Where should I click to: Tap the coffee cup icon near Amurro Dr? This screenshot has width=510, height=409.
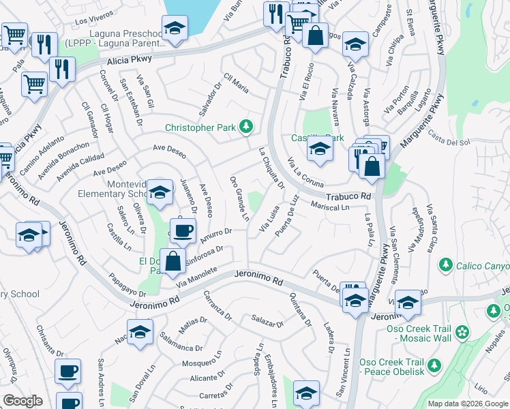181,231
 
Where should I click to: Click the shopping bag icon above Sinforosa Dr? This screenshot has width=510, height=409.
173,260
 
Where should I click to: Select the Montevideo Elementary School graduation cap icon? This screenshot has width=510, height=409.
160,192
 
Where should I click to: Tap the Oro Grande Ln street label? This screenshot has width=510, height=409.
239,198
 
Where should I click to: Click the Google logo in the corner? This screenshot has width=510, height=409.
22,401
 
